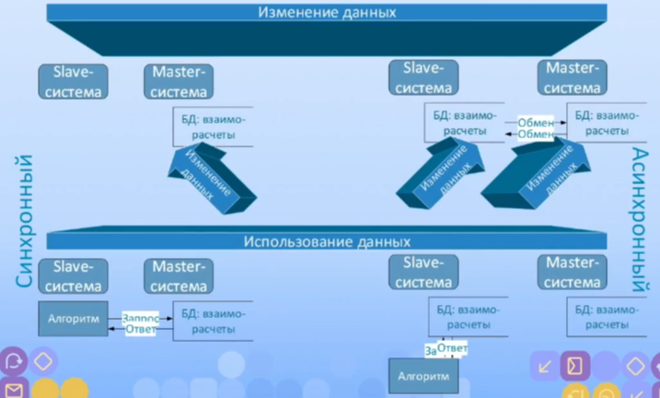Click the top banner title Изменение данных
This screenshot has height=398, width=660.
click(328, 13)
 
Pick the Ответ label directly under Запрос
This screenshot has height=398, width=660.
click(141, 328)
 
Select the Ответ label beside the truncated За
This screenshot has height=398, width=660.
click(452, 348)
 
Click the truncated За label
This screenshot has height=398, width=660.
click(429, 351)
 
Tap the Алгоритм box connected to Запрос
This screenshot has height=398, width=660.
click(74, 317)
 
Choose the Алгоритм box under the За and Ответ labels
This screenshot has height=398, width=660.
click(423, 377)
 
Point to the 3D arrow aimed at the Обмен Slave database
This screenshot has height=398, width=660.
click(437, 176)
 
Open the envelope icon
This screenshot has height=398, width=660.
click(13, 388)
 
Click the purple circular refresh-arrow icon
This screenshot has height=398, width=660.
click(13, 361)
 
